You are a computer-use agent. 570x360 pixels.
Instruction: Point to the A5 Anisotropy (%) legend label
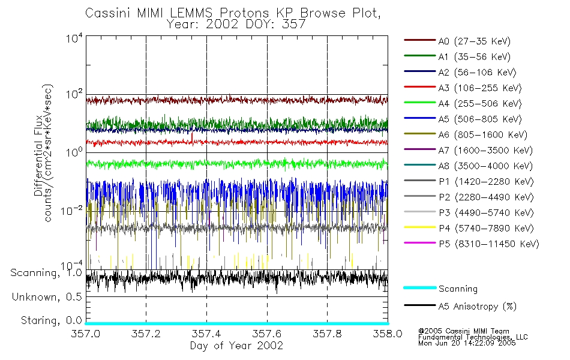(478, 307)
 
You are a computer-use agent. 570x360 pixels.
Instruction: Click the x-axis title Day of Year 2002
(236, 346)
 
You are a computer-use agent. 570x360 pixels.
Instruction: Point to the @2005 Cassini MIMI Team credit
(463, 331)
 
